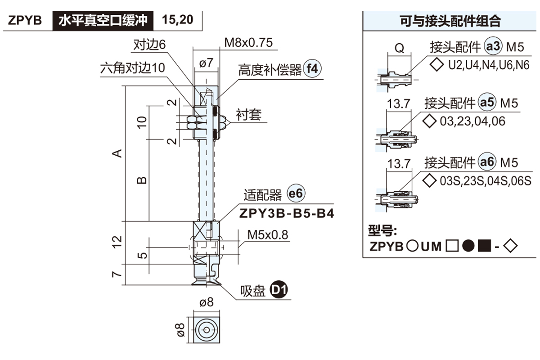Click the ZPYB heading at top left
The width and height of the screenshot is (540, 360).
click(x=25, y=21)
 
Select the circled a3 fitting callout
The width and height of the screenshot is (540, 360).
click(x=493, y=46)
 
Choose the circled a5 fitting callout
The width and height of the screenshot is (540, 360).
click(x=487, y=103)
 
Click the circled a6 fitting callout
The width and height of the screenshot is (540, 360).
click(x=487, y=162)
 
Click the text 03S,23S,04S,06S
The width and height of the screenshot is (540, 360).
click(x=486, y=181)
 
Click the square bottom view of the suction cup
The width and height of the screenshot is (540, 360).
click(x=206, y=330)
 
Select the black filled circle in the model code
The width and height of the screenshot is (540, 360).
click(x=468, y=246)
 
